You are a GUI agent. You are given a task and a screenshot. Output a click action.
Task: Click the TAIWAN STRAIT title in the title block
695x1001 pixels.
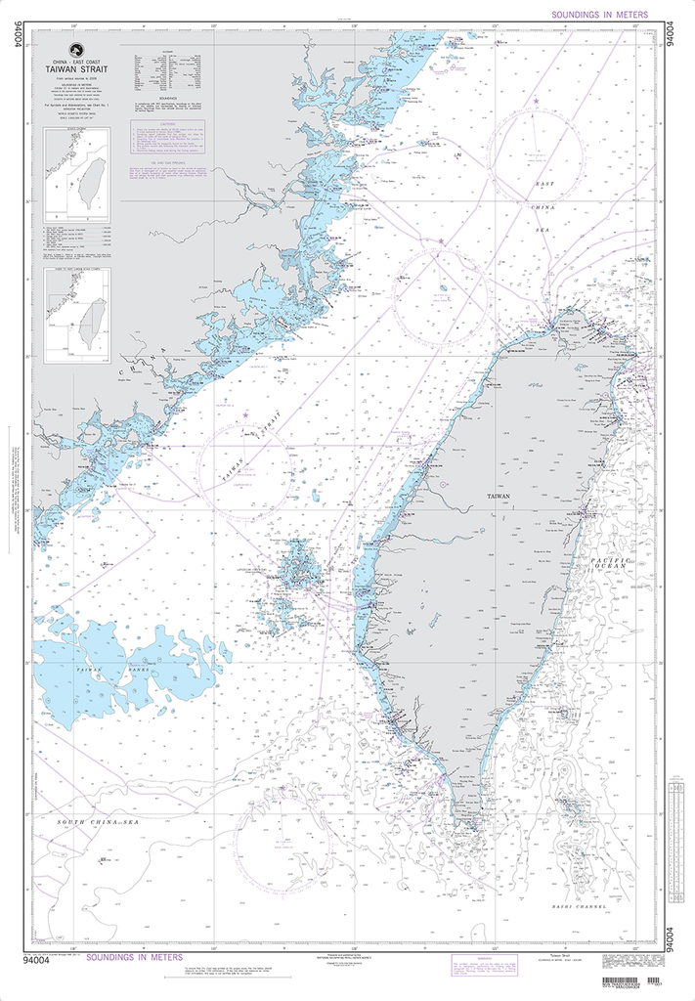83,70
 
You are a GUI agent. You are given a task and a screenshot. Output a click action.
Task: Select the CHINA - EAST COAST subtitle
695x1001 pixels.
83,62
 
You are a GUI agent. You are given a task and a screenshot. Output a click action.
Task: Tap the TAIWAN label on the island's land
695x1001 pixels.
500,497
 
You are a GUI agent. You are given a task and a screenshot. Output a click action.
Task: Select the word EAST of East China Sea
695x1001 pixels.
543,183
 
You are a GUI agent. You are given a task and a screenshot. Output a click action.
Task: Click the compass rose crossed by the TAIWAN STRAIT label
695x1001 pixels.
244,467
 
